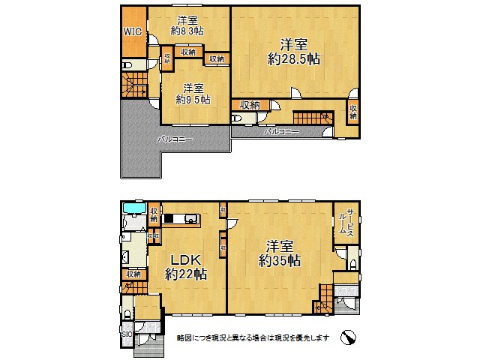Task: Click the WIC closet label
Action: (x=132, y=32)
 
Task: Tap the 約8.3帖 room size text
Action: (x=187, y=31)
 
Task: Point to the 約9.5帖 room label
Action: (x=193, y=98)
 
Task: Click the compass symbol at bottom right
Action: (x=348, y=337)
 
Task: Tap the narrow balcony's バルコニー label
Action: (x=281, y=132)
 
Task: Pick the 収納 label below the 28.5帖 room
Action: (x=250, y=105)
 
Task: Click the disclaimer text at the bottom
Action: (x=252, y=338)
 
